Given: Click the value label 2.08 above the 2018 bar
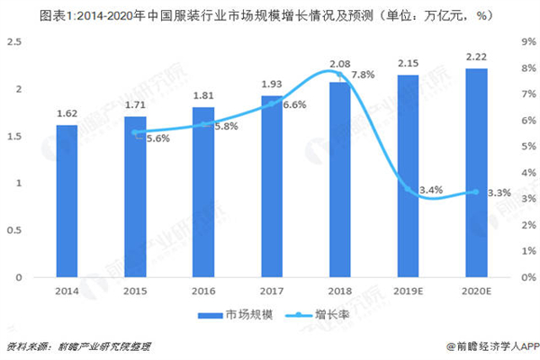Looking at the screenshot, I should (x=340, y=64).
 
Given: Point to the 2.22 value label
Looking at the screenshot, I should (x=476, y=56).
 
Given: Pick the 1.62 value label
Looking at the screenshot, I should (x=67, y=113).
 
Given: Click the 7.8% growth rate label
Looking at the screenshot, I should (x=364, y=74).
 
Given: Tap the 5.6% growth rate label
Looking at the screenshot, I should (x=157, y=139).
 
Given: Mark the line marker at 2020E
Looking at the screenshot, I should (x=476, y=192).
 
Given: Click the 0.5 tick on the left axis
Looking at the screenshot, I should (x=17, y=230).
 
